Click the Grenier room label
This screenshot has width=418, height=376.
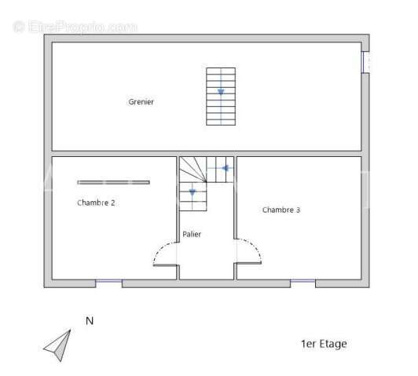click(141, 102)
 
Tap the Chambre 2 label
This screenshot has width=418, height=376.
click(96, 203)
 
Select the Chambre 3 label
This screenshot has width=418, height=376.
click(281, 210)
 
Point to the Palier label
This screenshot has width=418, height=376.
click(192, 235)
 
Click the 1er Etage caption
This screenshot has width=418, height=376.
click(324, 344)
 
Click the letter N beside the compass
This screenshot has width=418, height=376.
click(90, 320)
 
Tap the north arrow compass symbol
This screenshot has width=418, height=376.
click(58, 345)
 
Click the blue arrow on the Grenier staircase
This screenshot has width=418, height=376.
click(221, 92)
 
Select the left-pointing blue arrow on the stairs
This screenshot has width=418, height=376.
click(225, 168)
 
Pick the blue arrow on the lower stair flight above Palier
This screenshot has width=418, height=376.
click(192, 192)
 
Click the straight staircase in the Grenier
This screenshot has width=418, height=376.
click(221, 97)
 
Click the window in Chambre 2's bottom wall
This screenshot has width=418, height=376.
click(108, 281)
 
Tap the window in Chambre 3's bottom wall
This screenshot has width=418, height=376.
click(302, 281)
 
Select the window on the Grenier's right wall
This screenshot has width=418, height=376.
click(366, 62)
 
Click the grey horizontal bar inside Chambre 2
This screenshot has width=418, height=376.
click(114, 182)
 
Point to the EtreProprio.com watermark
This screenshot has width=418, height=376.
click(75, 27)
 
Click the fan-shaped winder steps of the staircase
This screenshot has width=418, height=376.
click(193, 170)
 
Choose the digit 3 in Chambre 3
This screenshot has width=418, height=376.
click(298, 210)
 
